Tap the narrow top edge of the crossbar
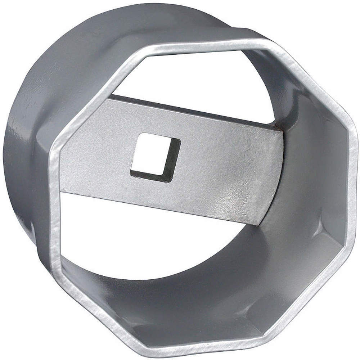pos(194,110)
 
